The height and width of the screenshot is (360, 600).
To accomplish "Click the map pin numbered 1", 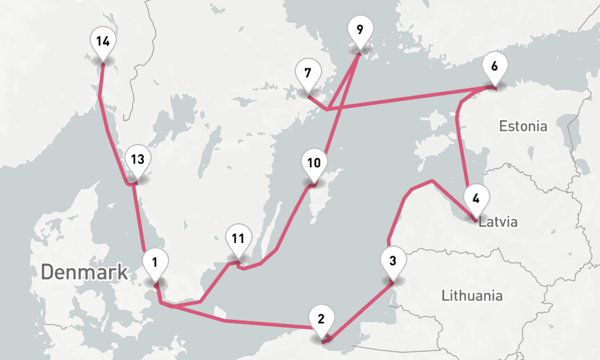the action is pos(155,263).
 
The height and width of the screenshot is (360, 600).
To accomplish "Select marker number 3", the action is pos(392,262).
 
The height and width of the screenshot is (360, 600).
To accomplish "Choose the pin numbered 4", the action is pos(476,199).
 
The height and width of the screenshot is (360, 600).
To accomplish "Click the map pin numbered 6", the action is pos(494,67).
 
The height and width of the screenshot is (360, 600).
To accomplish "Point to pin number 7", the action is pos(307,74).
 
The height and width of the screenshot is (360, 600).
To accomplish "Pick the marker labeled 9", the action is pos(359,30).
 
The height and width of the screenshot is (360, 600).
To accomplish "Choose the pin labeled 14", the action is pos(103,42).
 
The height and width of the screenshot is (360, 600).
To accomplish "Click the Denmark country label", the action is pos(84,272).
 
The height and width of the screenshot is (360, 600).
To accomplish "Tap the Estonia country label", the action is pos(523,127).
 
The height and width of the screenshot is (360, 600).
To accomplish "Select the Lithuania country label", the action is pos(472,296).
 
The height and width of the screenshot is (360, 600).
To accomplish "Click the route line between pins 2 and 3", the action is pos(360,311).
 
